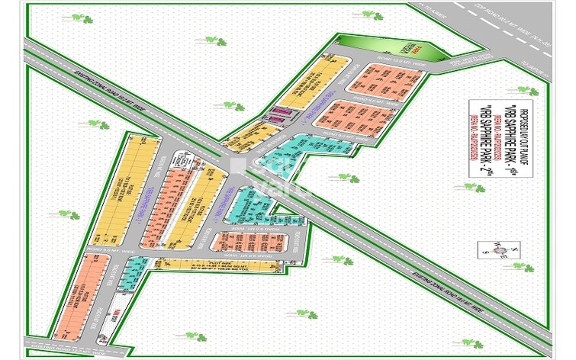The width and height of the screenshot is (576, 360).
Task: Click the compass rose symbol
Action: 487,249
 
